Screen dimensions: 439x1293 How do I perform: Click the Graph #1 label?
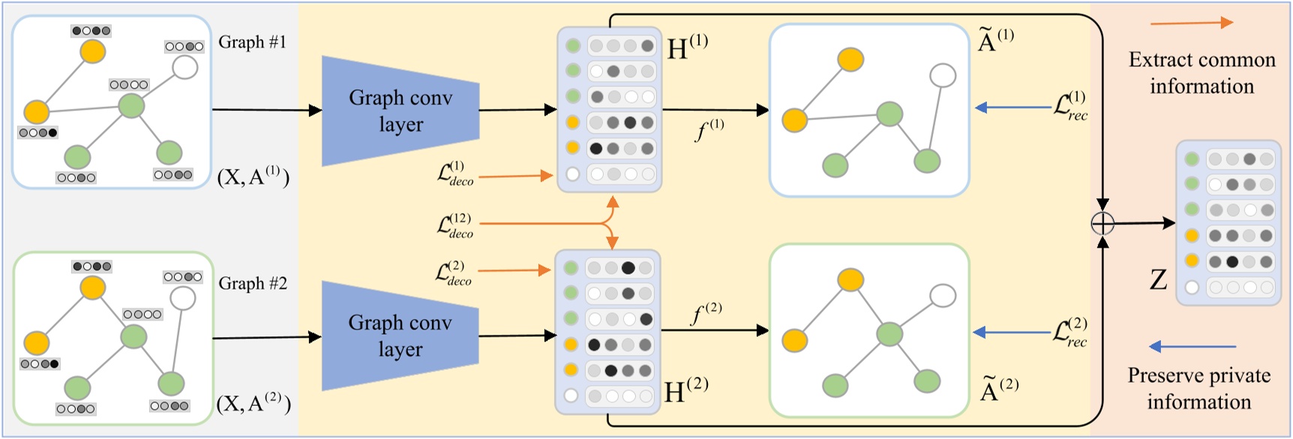pos(252,42)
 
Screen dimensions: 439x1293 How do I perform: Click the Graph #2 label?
pos(253,284)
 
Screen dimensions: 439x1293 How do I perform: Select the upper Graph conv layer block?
pos(400,111)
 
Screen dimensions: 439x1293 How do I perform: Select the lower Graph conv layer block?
pos(400,335)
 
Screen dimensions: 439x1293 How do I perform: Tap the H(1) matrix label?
pos(686,47)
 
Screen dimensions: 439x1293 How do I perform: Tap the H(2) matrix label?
pos(685,390)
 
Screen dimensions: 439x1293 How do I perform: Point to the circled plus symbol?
pos(1102,223)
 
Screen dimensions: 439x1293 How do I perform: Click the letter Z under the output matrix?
pos(1158,280)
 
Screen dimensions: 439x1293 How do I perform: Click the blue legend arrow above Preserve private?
pos(1192,347)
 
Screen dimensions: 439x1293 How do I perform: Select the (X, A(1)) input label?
pos(253,176)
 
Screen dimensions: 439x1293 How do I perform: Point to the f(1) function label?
pos(709,131)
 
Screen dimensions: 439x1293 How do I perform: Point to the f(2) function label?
pos(706,313)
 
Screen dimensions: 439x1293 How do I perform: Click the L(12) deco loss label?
pos(455,225)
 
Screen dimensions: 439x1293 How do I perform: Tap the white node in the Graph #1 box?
pos(185,67)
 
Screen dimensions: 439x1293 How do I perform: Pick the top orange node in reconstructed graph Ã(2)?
pos(850,280)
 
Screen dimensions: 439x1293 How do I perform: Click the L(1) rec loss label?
pos(1070,107)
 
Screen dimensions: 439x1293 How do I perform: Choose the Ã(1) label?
pos(995,41)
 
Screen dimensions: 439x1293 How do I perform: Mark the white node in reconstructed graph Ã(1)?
pos(943,75)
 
